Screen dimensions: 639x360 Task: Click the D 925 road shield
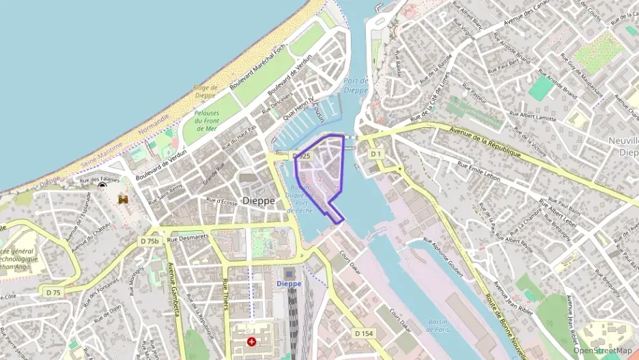click(301, 156)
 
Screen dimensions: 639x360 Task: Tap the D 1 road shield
click(375, 154)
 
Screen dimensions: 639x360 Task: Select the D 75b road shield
click(150, 241)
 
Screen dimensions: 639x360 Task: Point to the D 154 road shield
click(364, 333)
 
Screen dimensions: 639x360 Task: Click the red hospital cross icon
click(253, 340)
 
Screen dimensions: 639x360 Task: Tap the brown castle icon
click(124, 199)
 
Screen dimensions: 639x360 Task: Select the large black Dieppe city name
click(259, 201)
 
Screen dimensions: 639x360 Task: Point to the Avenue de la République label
click(485, 142)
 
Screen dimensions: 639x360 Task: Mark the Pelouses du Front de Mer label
click(206, 120)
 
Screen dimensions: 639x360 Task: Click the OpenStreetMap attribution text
click(602, 350)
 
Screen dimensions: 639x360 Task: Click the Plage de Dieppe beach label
click(205, 92)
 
